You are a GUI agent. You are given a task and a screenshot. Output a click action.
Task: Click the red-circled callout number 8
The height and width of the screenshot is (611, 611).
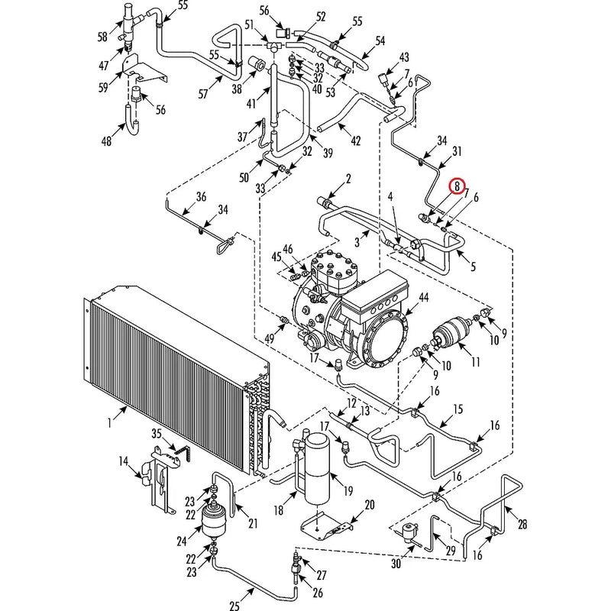click(x=457, y=186)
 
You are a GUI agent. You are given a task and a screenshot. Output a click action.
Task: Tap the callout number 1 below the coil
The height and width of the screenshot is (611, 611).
click(x=110, y=421)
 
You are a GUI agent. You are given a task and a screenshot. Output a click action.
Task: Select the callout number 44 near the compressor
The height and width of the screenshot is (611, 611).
click(x=422, y=296)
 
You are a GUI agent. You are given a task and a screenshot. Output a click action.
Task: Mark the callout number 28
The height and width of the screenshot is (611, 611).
click(x=522, y=524)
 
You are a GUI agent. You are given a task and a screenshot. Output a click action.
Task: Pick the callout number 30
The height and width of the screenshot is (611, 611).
click(x=395, y=564)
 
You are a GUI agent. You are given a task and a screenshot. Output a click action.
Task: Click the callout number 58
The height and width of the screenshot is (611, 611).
click(x=102, y=37)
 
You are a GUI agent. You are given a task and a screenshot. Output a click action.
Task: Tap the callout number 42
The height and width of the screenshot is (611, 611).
click(x=355, y=140)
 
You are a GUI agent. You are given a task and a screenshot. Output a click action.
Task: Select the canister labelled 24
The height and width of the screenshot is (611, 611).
click(x=213, y=525)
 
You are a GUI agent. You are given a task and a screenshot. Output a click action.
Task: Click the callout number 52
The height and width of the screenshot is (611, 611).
click(x=320, y=16)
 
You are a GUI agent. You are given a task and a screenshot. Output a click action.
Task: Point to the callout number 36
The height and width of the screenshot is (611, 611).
click(x=201, y=197)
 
